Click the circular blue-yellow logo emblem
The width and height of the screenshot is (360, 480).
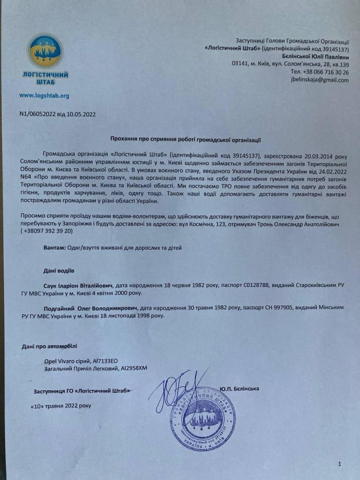45,51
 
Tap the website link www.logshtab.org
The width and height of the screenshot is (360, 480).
44,96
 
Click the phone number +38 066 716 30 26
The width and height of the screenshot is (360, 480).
320,72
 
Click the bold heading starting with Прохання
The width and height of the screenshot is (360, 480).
185,139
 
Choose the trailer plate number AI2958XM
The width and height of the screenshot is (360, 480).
129,368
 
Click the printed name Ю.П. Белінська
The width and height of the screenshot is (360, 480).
239,389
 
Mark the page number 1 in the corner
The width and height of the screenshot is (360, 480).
339,464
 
